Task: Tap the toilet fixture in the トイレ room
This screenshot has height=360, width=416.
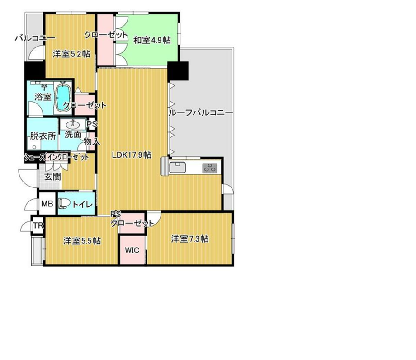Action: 64,203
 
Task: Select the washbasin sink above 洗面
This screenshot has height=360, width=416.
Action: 72,124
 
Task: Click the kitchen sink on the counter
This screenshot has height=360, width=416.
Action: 178,167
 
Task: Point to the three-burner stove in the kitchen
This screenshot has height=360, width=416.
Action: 210,168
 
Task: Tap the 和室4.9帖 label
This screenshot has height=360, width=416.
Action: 152,40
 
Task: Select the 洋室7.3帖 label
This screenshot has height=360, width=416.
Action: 190,239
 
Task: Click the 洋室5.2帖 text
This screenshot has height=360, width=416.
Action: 71,54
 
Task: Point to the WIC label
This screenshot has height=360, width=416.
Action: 132,250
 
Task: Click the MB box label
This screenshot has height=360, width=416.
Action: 47,204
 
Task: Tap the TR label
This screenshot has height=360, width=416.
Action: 38,225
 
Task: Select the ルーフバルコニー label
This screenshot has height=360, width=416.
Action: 201,113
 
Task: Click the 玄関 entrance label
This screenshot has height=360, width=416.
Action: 52,177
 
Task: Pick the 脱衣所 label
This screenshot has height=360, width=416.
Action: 43,136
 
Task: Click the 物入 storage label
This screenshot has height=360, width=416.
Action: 92,141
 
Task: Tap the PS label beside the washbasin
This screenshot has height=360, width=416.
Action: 92,124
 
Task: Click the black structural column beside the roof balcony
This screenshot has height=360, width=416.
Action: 178,71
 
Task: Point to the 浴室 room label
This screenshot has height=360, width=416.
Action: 43,97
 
